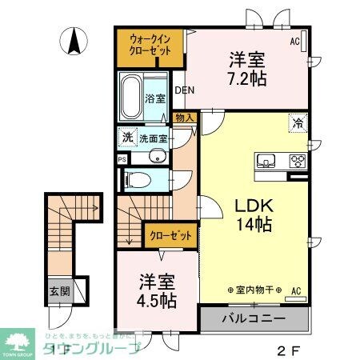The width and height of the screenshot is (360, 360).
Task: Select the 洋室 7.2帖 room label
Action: coord(246,69)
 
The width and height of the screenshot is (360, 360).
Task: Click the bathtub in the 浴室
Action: coord(132,95)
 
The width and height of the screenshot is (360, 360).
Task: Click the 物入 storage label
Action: coord(182,118)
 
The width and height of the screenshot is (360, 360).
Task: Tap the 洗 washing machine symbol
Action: coord(127,138)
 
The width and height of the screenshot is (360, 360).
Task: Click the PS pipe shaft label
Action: coord(122,159)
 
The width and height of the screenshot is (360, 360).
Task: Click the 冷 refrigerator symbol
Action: coord(296,123)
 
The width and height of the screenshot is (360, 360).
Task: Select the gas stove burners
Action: coord(297,161)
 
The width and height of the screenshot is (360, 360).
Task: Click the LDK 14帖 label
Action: coord(250,214)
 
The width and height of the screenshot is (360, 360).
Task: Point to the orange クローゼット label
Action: coord(170,235)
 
